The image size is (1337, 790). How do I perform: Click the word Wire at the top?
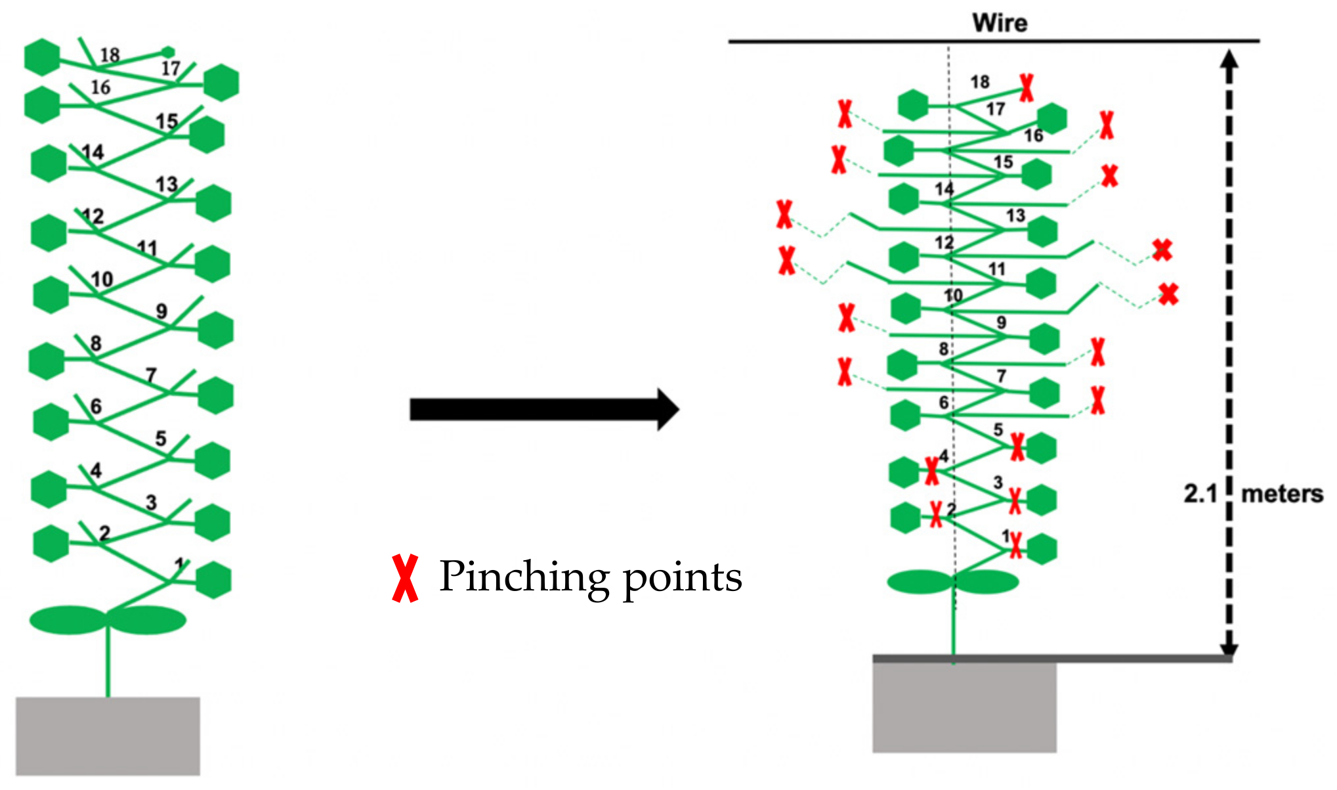(x=1000, y=23)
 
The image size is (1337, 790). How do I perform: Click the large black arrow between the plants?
(x=543, y=409)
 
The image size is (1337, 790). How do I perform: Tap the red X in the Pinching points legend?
(x=405, y=579)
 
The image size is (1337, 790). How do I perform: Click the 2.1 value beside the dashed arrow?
(x=1200, y=494)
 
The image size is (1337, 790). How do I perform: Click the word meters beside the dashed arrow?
(x=1282, y=494)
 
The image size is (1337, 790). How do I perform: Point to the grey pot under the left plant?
(x=108, y=735)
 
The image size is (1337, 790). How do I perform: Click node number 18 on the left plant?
(x=110, y=55)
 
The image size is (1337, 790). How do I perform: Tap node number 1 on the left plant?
(x=179, y=563)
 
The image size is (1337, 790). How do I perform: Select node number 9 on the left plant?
(x=161, y=311)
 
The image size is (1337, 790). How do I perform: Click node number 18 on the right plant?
(x=979, y=82)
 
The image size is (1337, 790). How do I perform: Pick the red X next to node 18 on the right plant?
(x=1027, y=87)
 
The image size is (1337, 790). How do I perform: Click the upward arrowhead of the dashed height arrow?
(x=1229, y=59)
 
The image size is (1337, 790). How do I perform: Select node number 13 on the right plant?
(x=1015, y=215)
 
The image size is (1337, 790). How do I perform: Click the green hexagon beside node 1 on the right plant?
(x=1042, y=549)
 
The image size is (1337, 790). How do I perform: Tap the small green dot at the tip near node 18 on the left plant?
(x=168, y=51)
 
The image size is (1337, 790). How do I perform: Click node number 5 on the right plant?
(x=998, y=429)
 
